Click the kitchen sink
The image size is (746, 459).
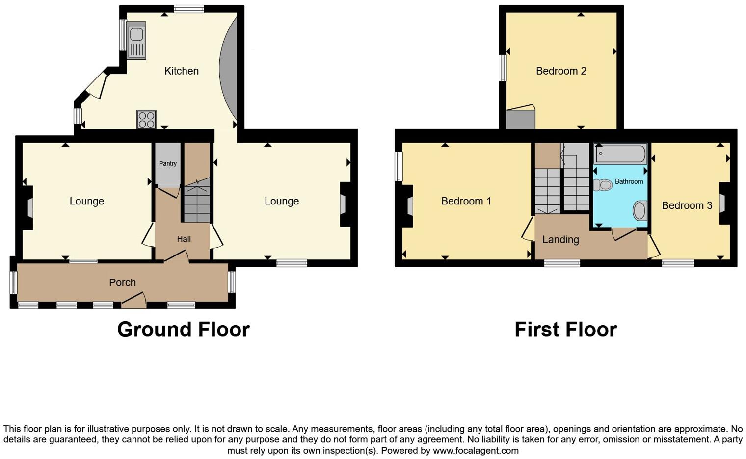tap(136, 40)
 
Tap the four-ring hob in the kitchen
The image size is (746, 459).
tap(146, 120)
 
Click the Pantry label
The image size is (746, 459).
tap(168, 164)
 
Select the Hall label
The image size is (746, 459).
tap(184, 239)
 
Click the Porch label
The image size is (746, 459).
tap(122, 282)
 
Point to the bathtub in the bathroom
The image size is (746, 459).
tap(620, 153)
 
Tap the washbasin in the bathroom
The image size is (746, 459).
tap(639, 211)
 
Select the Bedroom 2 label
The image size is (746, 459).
tap(561, 71)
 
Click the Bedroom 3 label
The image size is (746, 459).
tap(687, 205)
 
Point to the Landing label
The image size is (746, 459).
tap(560, 240)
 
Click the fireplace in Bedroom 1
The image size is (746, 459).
tap(409, 206)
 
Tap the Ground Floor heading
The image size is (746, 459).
tap(183, 330)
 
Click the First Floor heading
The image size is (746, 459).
tap(565, 330)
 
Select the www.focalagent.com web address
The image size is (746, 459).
tap(476, 450)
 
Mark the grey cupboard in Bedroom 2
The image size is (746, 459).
tap(520, 120)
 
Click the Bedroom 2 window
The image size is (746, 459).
tap(503, 68)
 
